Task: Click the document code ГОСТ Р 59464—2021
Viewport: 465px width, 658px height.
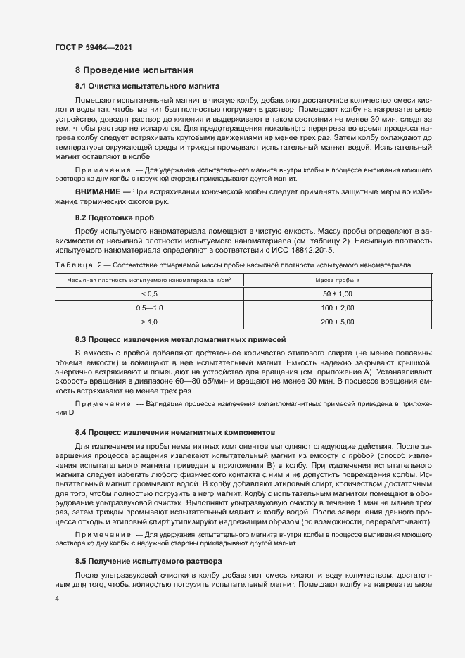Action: click(93, 47)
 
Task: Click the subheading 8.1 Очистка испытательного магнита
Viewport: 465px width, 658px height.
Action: click(148, 86)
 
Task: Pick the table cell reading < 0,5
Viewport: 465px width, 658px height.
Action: click(149, 293)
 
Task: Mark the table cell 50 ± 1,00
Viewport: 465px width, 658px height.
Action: click(338, 293)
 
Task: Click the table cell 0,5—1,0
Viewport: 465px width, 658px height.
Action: click(149, 308)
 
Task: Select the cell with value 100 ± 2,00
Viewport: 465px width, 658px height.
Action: click(338, 308)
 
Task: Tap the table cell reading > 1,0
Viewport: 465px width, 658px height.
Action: click(149, 322)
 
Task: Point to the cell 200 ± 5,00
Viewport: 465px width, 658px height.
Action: click(338, 322)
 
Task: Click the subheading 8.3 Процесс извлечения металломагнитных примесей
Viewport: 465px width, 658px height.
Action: click(180, 339)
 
